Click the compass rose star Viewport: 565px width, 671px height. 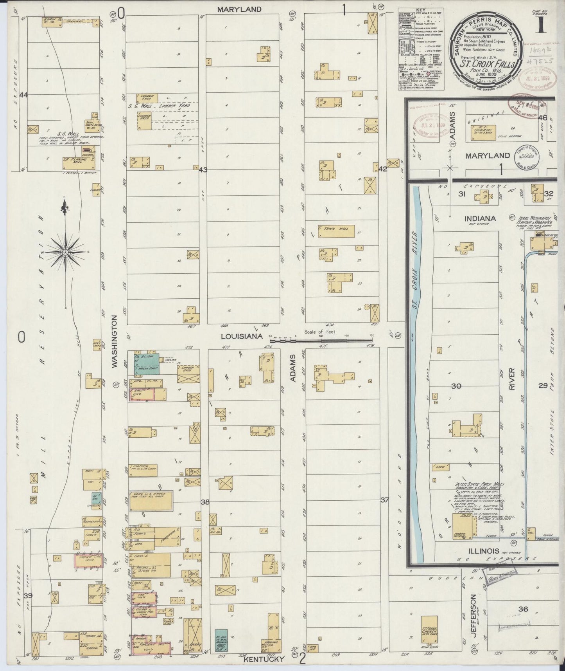(x=65, y=253)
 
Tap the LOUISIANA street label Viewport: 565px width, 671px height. (x=238, y=336)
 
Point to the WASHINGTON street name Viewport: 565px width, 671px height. (x=115, y=341)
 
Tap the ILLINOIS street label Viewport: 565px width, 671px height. (x=482, y=550)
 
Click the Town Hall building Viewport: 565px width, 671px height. (x=336, y=231)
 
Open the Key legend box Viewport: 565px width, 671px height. (x=421, y=49)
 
